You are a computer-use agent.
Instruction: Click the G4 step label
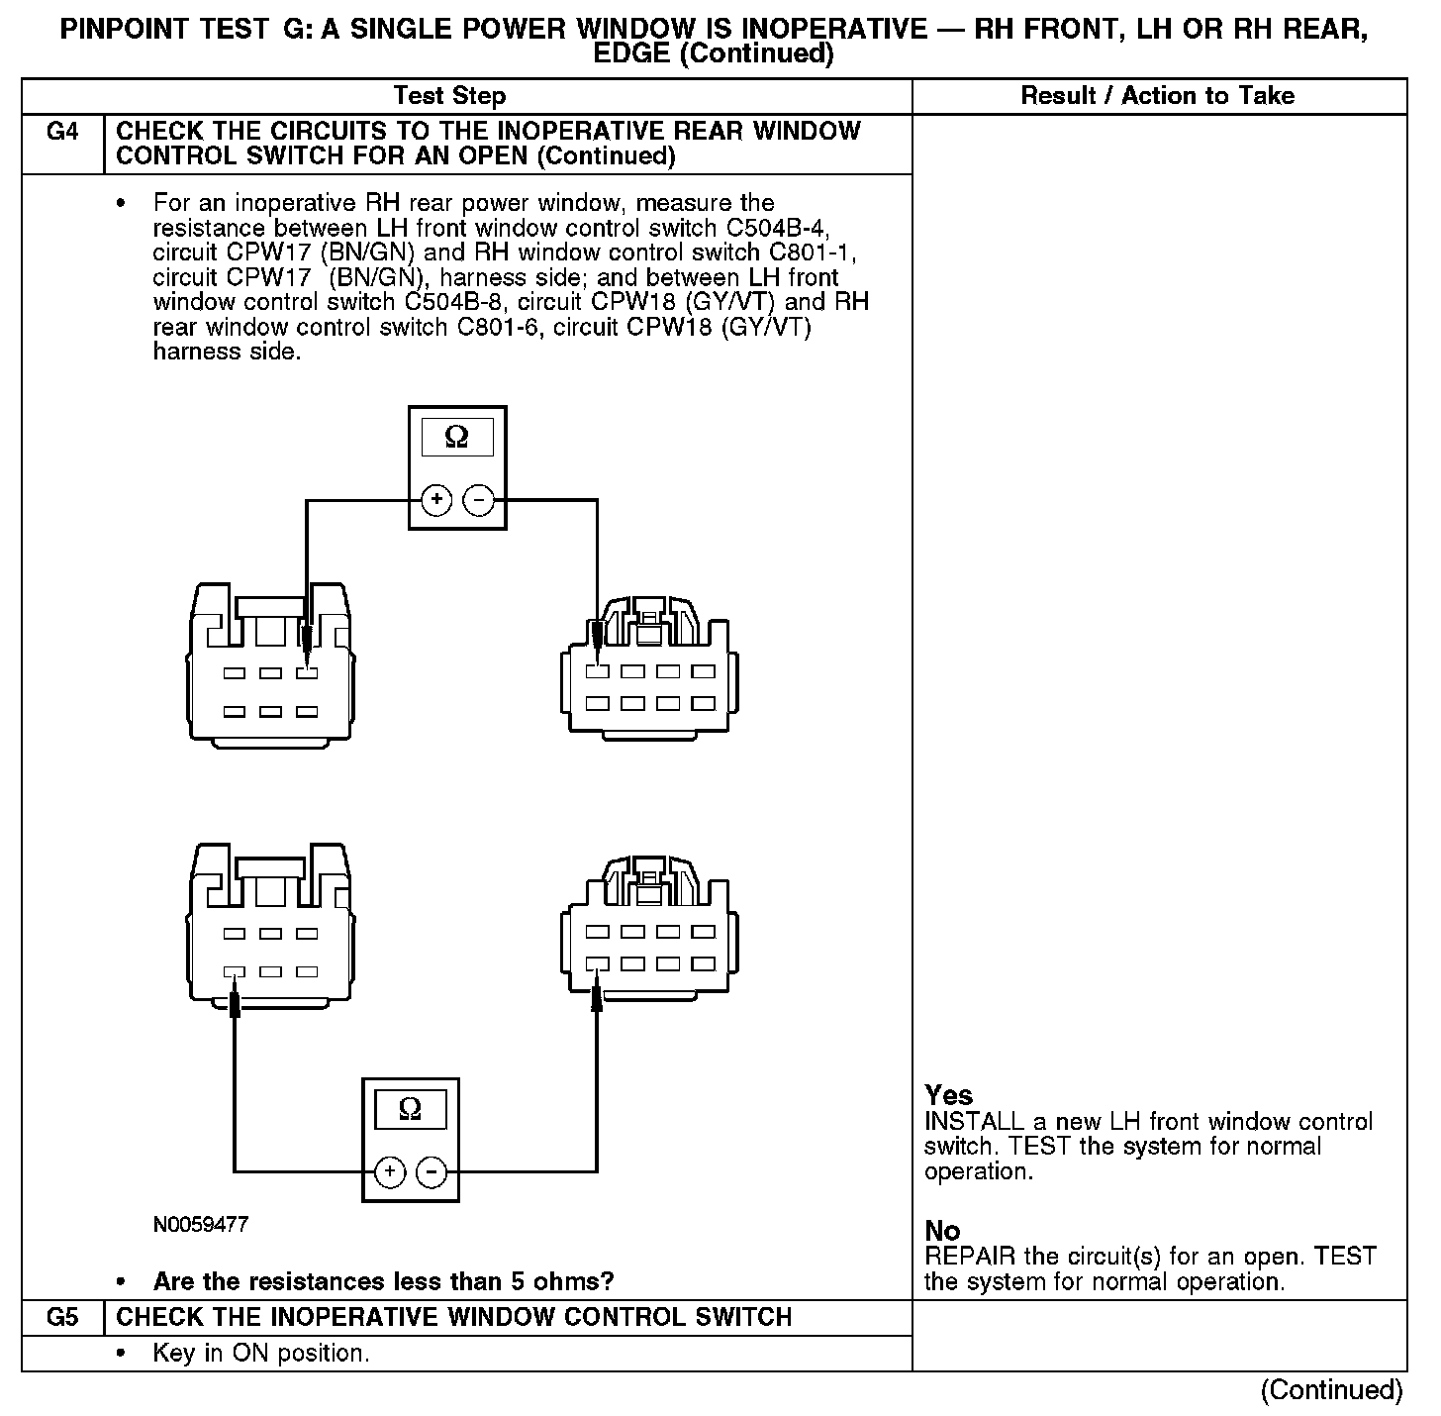coord(62,132)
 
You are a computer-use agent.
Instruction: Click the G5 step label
coord(62,1317)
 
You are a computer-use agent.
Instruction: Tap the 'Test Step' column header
coord(449,96)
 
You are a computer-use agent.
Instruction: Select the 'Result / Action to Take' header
coord(1157,96)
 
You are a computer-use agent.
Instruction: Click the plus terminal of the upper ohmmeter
coord(436,500)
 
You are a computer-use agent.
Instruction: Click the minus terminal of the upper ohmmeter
coord(479,500)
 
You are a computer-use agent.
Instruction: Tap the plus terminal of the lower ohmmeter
coord(390,1172)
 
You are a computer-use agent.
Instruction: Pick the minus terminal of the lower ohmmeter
coord(432,1172)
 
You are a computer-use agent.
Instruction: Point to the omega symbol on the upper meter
coord(456,438)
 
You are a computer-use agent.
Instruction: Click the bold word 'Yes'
coord(948,1095)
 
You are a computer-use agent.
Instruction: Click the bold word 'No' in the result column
coord(942,1231)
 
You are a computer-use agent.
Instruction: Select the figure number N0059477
coord(201,1225)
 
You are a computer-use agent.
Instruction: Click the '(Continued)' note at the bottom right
coord(1331,1390)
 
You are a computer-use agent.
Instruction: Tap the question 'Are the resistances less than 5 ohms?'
coord(383,1282)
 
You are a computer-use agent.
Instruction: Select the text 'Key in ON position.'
coord(261,1354)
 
